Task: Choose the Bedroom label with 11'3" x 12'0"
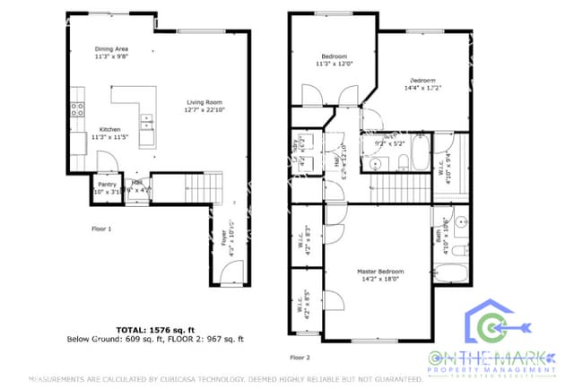point(335,59)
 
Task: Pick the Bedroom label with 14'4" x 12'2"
point(422,83)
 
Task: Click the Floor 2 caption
point(300,357)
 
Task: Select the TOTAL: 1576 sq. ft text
point(157,330)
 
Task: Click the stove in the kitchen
point(78,110)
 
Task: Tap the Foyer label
point(225,246)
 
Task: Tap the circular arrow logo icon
point(489,326)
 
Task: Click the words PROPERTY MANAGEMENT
point(493,370)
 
